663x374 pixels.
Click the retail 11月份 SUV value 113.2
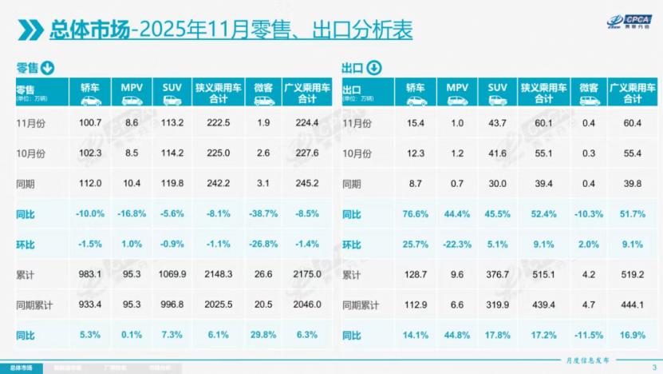[172, 122]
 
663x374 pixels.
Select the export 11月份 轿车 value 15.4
[416, 122]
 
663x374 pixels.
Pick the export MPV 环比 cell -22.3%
[457, 245]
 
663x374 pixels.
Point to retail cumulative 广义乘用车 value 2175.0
[307, 275]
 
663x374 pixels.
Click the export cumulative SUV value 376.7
[498, 275]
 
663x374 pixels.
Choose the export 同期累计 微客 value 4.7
[590, 305]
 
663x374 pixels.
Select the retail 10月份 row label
[30, 153]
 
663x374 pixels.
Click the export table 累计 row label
[351, 275]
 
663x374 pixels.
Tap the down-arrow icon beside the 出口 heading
[373, 68]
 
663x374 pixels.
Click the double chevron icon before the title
[30, 31]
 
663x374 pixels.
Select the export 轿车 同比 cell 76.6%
[416, 214]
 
